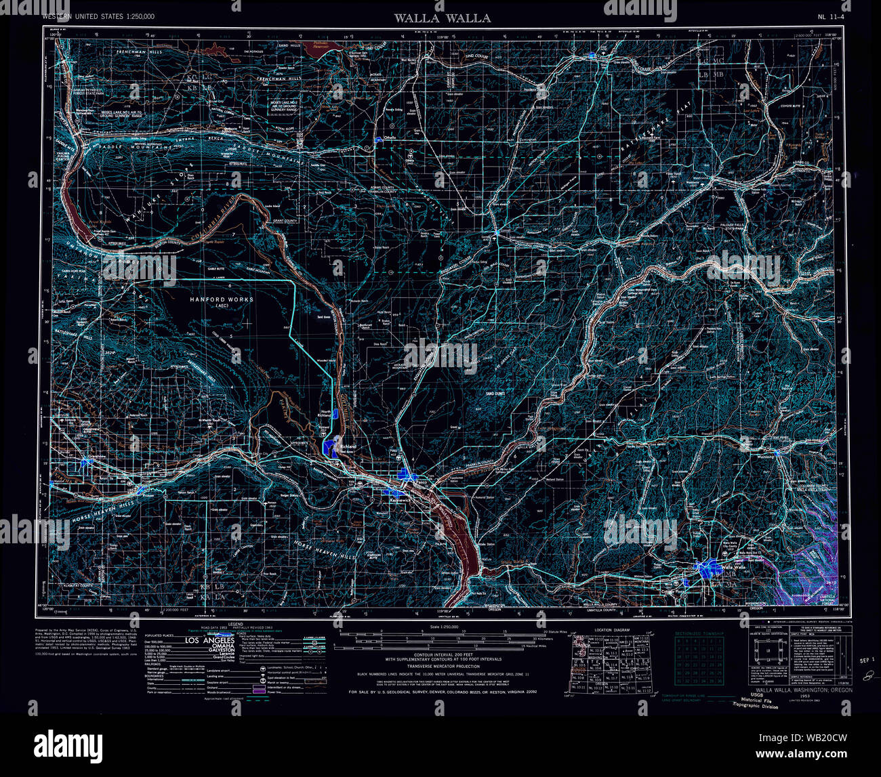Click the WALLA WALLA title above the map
(443, 18)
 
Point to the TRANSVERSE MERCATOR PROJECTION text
(441, 665)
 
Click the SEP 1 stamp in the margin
(865, 659)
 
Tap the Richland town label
(348, 446)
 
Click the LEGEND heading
(235, 623)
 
